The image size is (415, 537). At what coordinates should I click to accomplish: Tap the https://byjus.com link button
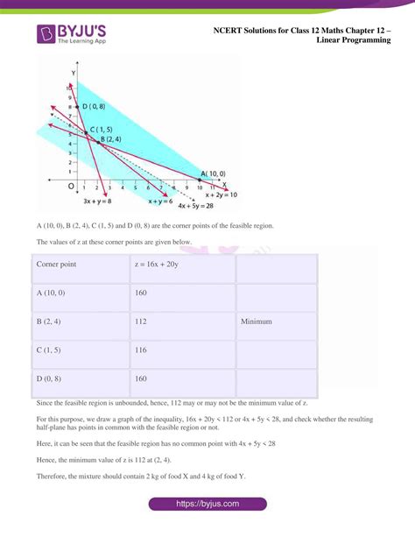(208, 505)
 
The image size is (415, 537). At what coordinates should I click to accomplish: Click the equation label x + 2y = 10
(222, 195)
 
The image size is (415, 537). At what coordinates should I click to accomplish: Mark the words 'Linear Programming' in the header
(353, 40)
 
